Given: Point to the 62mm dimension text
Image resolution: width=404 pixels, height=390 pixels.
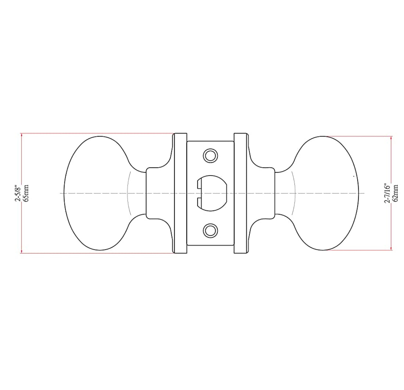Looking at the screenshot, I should coord(396,193).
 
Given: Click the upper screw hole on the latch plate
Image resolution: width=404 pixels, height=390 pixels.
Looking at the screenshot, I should coord(210,155).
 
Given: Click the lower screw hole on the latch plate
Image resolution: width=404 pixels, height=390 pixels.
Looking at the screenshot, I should coord(210,231).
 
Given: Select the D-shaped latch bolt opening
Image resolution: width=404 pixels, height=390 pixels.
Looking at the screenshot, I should coord(213,193).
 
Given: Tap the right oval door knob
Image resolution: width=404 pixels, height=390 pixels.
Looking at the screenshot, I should coord(327,193).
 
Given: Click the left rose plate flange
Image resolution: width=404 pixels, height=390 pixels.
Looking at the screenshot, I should coord(180,193).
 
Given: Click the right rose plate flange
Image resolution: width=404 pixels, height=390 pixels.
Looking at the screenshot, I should coord(240,193).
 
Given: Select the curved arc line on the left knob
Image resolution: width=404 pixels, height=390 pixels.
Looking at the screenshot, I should coord(128,193).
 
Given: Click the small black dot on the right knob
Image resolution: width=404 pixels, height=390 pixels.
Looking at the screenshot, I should coord(354,177).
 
